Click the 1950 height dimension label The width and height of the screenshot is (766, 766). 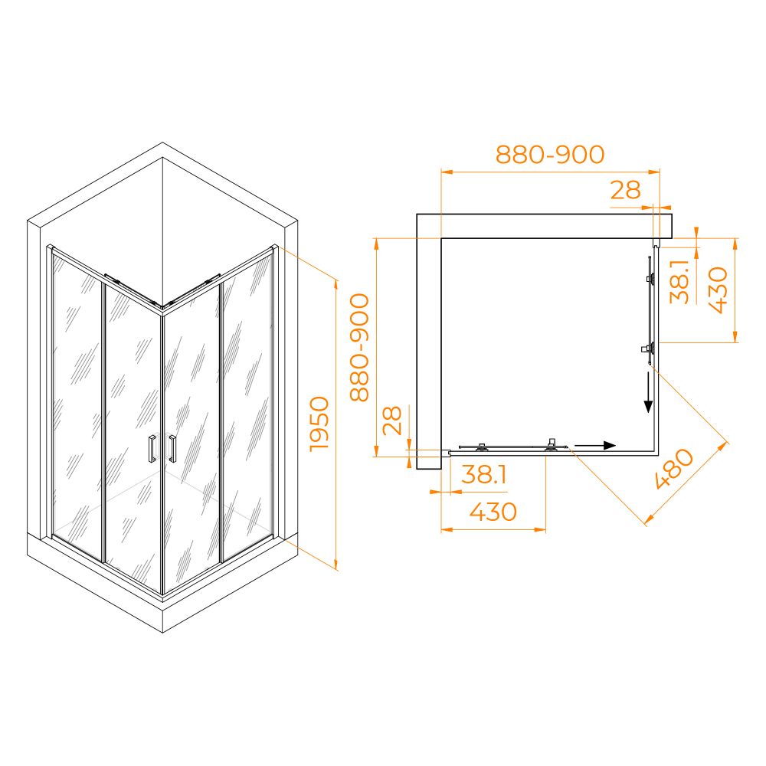320,423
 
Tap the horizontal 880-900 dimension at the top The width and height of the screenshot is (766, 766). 550,155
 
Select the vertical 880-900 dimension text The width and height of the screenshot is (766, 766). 359,347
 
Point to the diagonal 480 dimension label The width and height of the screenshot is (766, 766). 673,468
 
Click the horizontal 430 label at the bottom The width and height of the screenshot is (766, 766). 493,512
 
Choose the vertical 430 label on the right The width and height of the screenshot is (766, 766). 719,290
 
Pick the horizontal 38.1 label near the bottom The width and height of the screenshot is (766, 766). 483,474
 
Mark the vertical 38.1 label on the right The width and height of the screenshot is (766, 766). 679,282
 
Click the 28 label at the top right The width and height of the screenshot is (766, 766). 625,189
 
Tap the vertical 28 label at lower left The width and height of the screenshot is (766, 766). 391,420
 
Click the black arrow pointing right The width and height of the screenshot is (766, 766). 594,445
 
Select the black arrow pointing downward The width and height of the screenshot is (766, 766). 648,391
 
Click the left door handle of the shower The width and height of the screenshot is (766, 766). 152,448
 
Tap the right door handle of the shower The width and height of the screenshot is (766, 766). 172,447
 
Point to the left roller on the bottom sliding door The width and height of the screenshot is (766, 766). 482,447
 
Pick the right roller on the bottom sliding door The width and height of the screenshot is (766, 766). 552,445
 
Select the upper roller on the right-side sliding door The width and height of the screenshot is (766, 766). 650,279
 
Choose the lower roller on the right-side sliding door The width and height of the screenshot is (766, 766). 649,349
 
